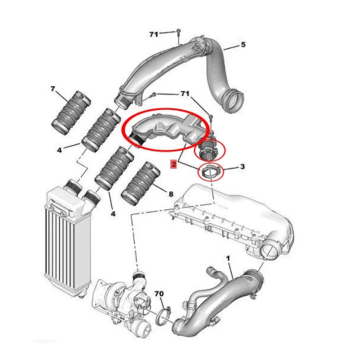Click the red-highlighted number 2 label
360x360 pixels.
(x=174, y=165)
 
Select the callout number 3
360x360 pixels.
(x=242, y=167)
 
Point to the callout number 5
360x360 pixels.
(x=243, y=45)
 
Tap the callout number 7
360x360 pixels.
(x=53, y=88)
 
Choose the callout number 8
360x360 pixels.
(x=171, y=194)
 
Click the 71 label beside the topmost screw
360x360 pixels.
(x=154, y=35)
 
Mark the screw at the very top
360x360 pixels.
(x=178, y=33)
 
